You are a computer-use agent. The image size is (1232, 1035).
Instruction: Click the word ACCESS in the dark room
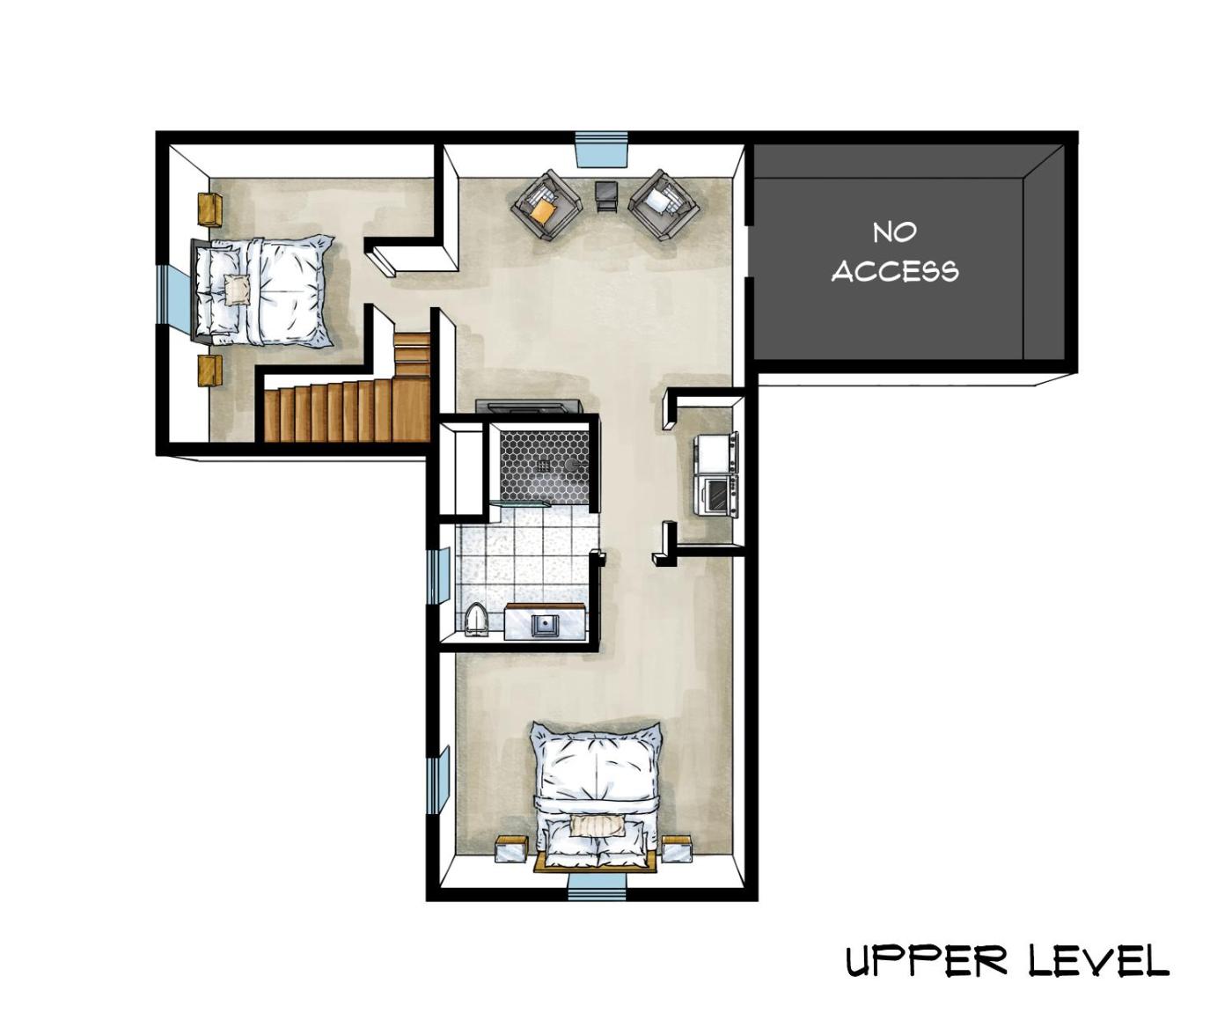click(x=895, y=272)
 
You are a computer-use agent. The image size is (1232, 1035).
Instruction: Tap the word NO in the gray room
click(x=895, y=233)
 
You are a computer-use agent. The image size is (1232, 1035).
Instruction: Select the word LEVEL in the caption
click(x=1098, y=962)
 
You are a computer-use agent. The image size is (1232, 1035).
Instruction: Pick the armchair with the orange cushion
click(x=547, y=204)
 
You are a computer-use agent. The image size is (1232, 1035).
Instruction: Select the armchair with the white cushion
click(x=664, y=204)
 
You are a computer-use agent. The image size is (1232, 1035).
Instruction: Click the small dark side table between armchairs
click(x=607, y=196)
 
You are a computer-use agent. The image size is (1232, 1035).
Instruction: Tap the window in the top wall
click(x=601, y=152)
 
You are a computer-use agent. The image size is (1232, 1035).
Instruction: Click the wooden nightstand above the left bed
click(x=209, y=209)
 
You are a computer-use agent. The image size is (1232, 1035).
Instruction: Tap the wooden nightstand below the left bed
click(x=209, y=371)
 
